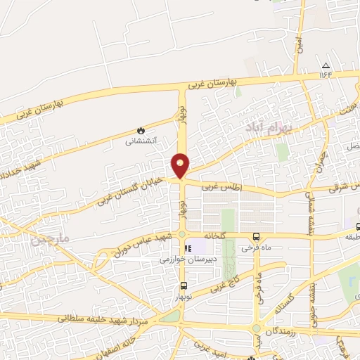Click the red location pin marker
(x=181, y=165)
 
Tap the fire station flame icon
(x=141, y=130)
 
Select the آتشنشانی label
(x=141, y=141)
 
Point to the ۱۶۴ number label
(x=325, y=73)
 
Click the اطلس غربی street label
(x=221, y=187)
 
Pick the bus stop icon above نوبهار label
(x=184, y=285)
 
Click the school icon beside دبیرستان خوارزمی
(x=188, y=248)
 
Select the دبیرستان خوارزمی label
(x=161, y=259)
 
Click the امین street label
(x=299, y=44)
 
